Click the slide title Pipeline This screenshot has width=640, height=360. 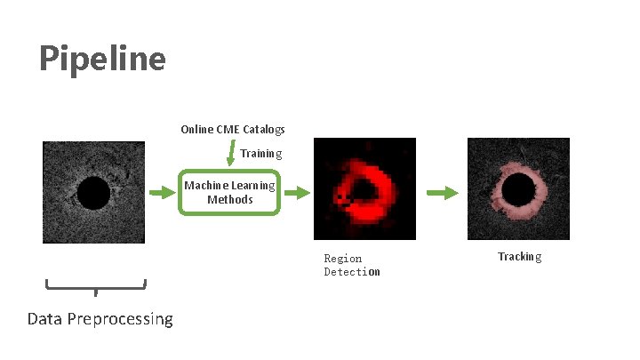tap(102, 59)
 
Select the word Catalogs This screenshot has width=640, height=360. tap(265, 130)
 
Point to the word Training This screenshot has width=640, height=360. tap(260, 154)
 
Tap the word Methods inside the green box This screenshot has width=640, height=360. tap(230, 200)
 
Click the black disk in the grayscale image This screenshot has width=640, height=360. tap(93, 193)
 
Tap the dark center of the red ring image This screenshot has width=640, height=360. tap(364, 189)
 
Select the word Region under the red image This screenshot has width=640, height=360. tap(342, 259)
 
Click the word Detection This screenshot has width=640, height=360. tap(352, 272)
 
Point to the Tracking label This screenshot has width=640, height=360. tap(519, 257)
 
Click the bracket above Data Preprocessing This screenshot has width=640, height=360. tap(95, 286)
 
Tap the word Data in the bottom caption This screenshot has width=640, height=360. tap(45, 319)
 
